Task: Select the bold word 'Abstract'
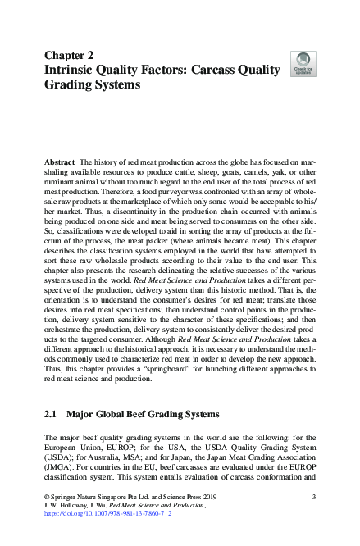[60, 163]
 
